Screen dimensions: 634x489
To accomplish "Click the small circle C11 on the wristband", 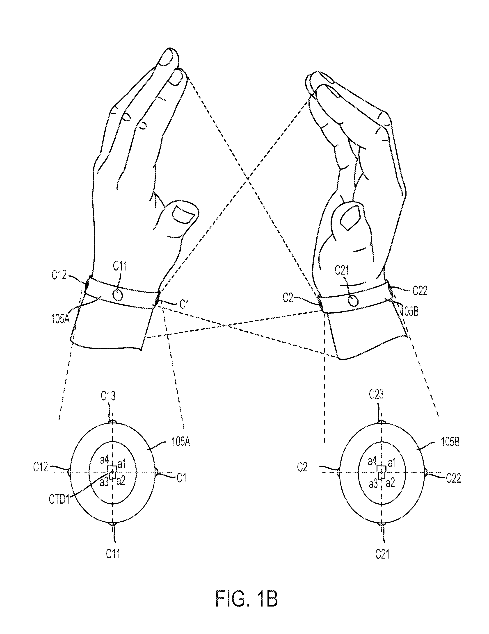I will (x=118, y=295).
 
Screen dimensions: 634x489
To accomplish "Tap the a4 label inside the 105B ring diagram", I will (x=372, y=461).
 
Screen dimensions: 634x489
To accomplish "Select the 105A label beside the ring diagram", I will (x=181, y=443).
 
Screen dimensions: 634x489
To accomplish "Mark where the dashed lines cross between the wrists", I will (x=226, y=326).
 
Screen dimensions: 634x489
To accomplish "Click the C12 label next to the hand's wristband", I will (x=59, y=275).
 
